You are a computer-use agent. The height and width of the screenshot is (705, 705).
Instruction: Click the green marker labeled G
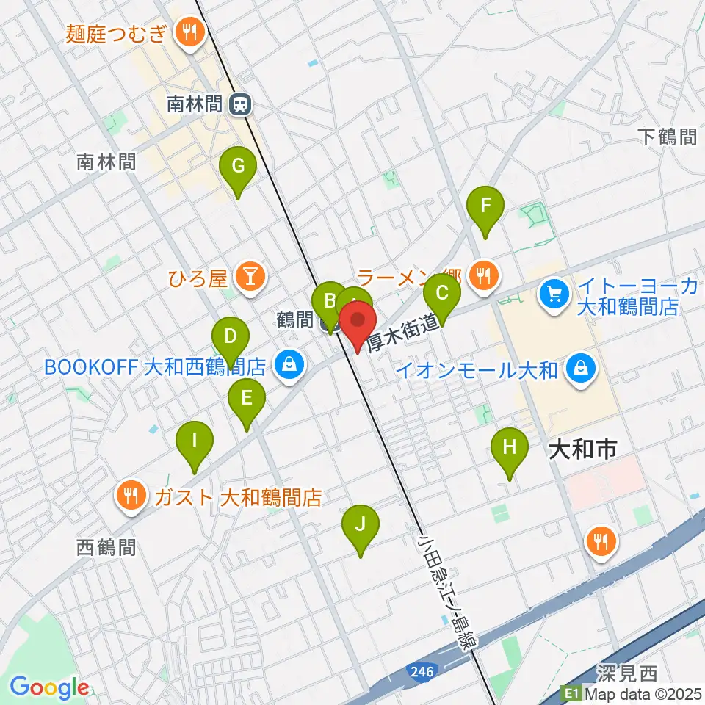(x=238, y=167)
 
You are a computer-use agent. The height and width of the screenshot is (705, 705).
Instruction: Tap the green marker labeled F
(x=485, y=206)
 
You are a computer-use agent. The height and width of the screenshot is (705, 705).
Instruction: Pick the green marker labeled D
(x=231, y=339)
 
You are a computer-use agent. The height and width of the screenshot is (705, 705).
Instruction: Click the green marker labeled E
(x=247, y=399)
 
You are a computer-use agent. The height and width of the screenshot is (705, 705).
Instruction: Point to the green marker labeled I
(x=195, y=442)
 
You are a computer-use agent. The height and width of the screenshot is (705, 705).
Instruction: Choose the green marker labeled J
(x=360, y=526)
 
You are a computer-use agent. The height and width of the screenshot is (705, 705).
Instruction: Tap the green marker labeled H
(x=509, y=448)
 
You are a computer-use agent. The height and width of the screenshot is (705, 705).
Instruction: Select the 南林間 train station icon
(x=239, y=105)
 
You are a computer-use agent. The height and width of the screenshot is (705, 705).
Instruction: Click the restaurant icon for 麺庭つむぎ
(x=189, y=32)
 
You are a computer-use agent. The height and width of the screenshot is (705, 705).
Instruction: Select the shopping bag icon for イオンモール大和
(x=581, y=369)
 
